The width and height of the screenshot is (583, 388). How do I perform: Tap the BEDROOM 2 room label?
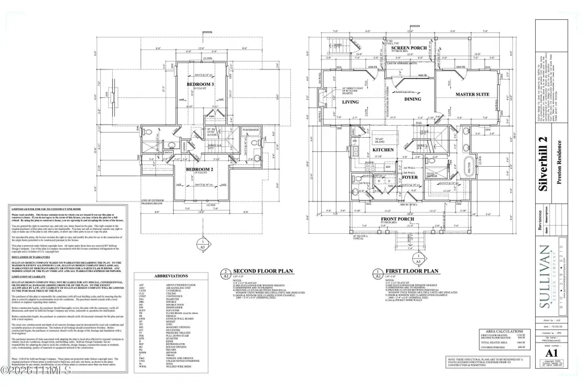(x=200, y=169)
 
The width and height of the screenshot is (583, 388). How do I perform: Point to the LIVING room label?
(x=350, y=102)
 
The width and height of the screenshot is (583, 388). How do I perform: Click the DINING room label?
(x=412, y=99)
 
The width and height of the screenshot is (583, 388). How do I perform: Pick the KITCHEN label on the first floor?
(x=383, y=149)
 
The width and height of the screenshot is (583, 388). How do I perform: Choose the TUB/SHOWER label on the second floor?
(x=251, y=129)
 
